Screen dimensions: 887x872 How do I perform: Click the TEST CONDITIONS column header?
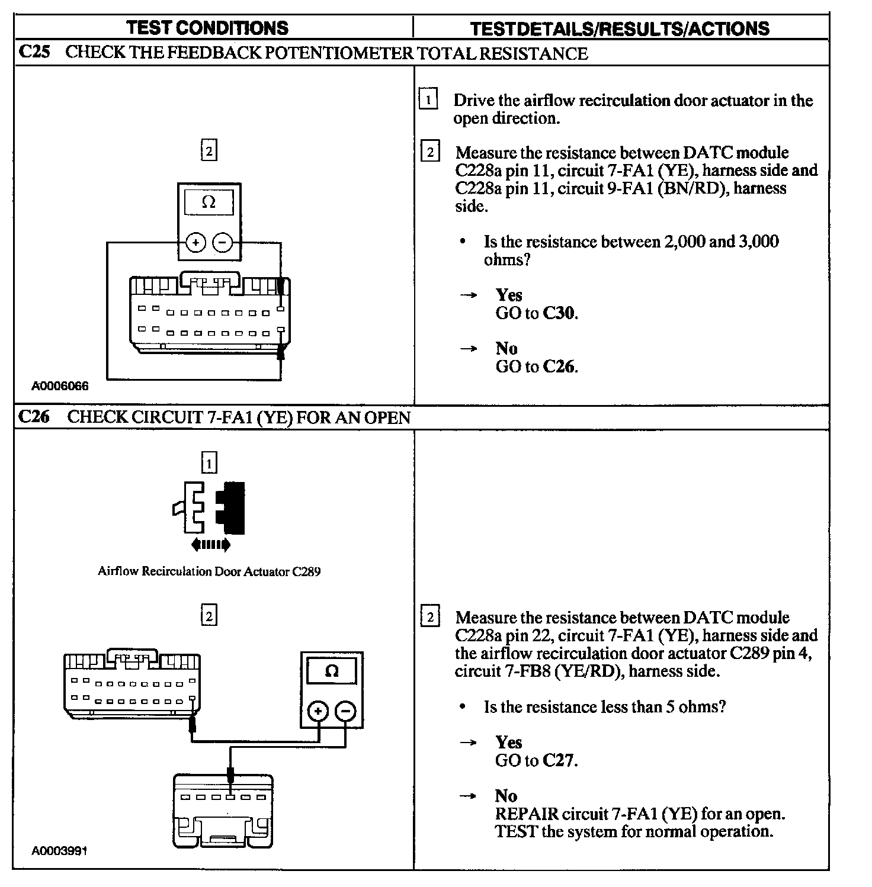coord(207,28)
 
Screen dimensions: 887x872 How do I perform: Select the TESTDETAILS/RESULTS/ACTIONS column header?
coord(620,28)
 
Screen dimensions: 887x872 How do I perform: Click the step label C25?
coord(34,52)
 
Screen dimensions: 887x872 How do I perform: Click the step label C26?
coord(34,417)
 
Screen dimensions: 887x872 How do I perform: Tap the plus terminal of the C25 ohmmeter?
coord(195,242)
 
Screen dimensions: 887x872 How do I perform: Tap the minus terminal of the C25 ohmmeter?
coord(222,242)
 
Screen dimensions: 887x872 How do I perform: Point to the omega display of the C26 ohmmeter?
coord(332,671)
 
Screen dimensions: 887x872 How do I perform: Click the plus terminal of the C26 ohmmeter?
coord(318,711)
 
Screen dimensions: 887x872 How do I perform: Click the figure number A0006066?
coord(60,386)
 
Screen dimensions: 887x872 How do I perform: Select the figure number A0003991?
coord(60,851)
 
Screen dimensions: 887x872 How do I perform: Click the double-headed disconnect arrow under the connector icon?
coord(210,545)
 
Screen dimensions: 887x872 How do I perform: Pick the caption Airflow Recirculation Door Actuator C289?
coord(209,571)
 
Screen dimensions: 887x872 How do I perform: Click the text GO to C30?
coord(536,313)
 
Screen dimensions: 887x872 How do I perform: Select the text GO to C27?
coord(536,760)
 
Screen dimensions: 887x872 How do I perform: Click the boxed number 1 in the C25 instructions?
coord(428,99)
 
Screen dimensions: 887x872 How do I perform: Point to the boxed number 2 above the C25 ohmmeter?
coord(209,150)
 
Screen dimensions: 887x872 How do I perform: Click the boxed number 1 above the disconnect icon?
coord(209,462)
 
